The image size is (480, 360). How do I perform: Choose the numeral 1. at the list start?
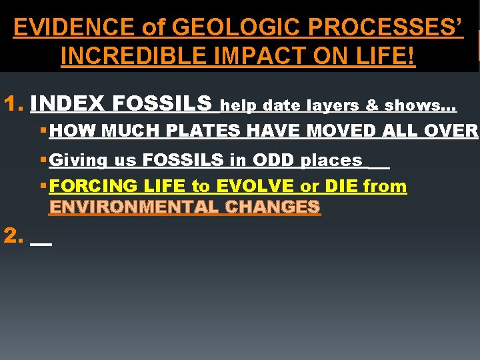13,104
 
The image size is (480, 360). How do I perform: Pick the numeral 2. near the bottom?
13,235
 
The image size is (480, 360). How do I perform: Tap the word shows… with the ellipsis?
419,105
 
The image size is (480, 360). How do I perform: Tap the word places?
331,161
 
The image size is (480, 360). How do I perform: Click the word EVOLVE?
253,186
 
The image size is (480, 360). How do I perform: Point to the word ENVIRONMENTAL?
133,207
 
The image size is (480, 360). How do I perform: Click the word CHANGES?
272,207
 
